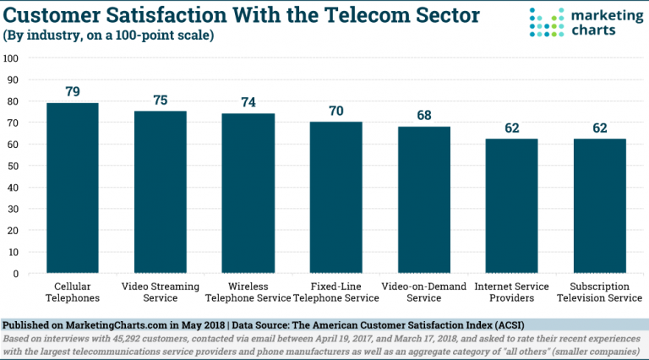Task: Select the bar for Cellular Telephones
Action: click(73, 188)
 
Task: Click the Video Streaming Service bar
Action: click(161, 192)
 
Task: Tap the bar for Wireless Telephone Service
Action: click(248, 194)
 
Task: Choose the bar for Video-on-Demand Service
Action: click(424, 200)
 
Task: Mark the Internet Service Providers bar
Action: click(512, 206)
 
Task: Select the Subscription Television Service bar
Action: click(600, 206)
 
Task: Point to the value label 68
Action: click(424, 116)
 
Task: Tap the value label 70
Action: click(336, 111)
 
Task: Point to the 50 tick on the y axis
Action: click(14, 166)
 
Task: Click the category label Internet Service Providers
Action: click(512, 292)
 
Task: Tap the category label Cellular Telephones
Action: click(73, 292)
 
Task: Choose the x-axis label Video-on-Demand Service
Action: click(424, 292)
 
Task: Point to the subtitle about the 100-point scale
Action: click(109, 35)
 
